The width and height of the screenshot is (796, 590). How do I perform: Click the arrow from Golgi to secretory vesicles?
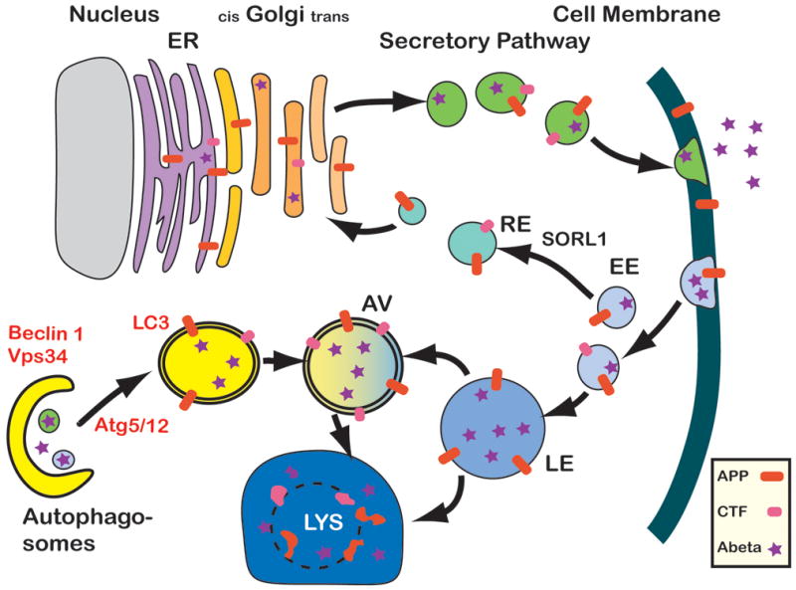tap(378, 98)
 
